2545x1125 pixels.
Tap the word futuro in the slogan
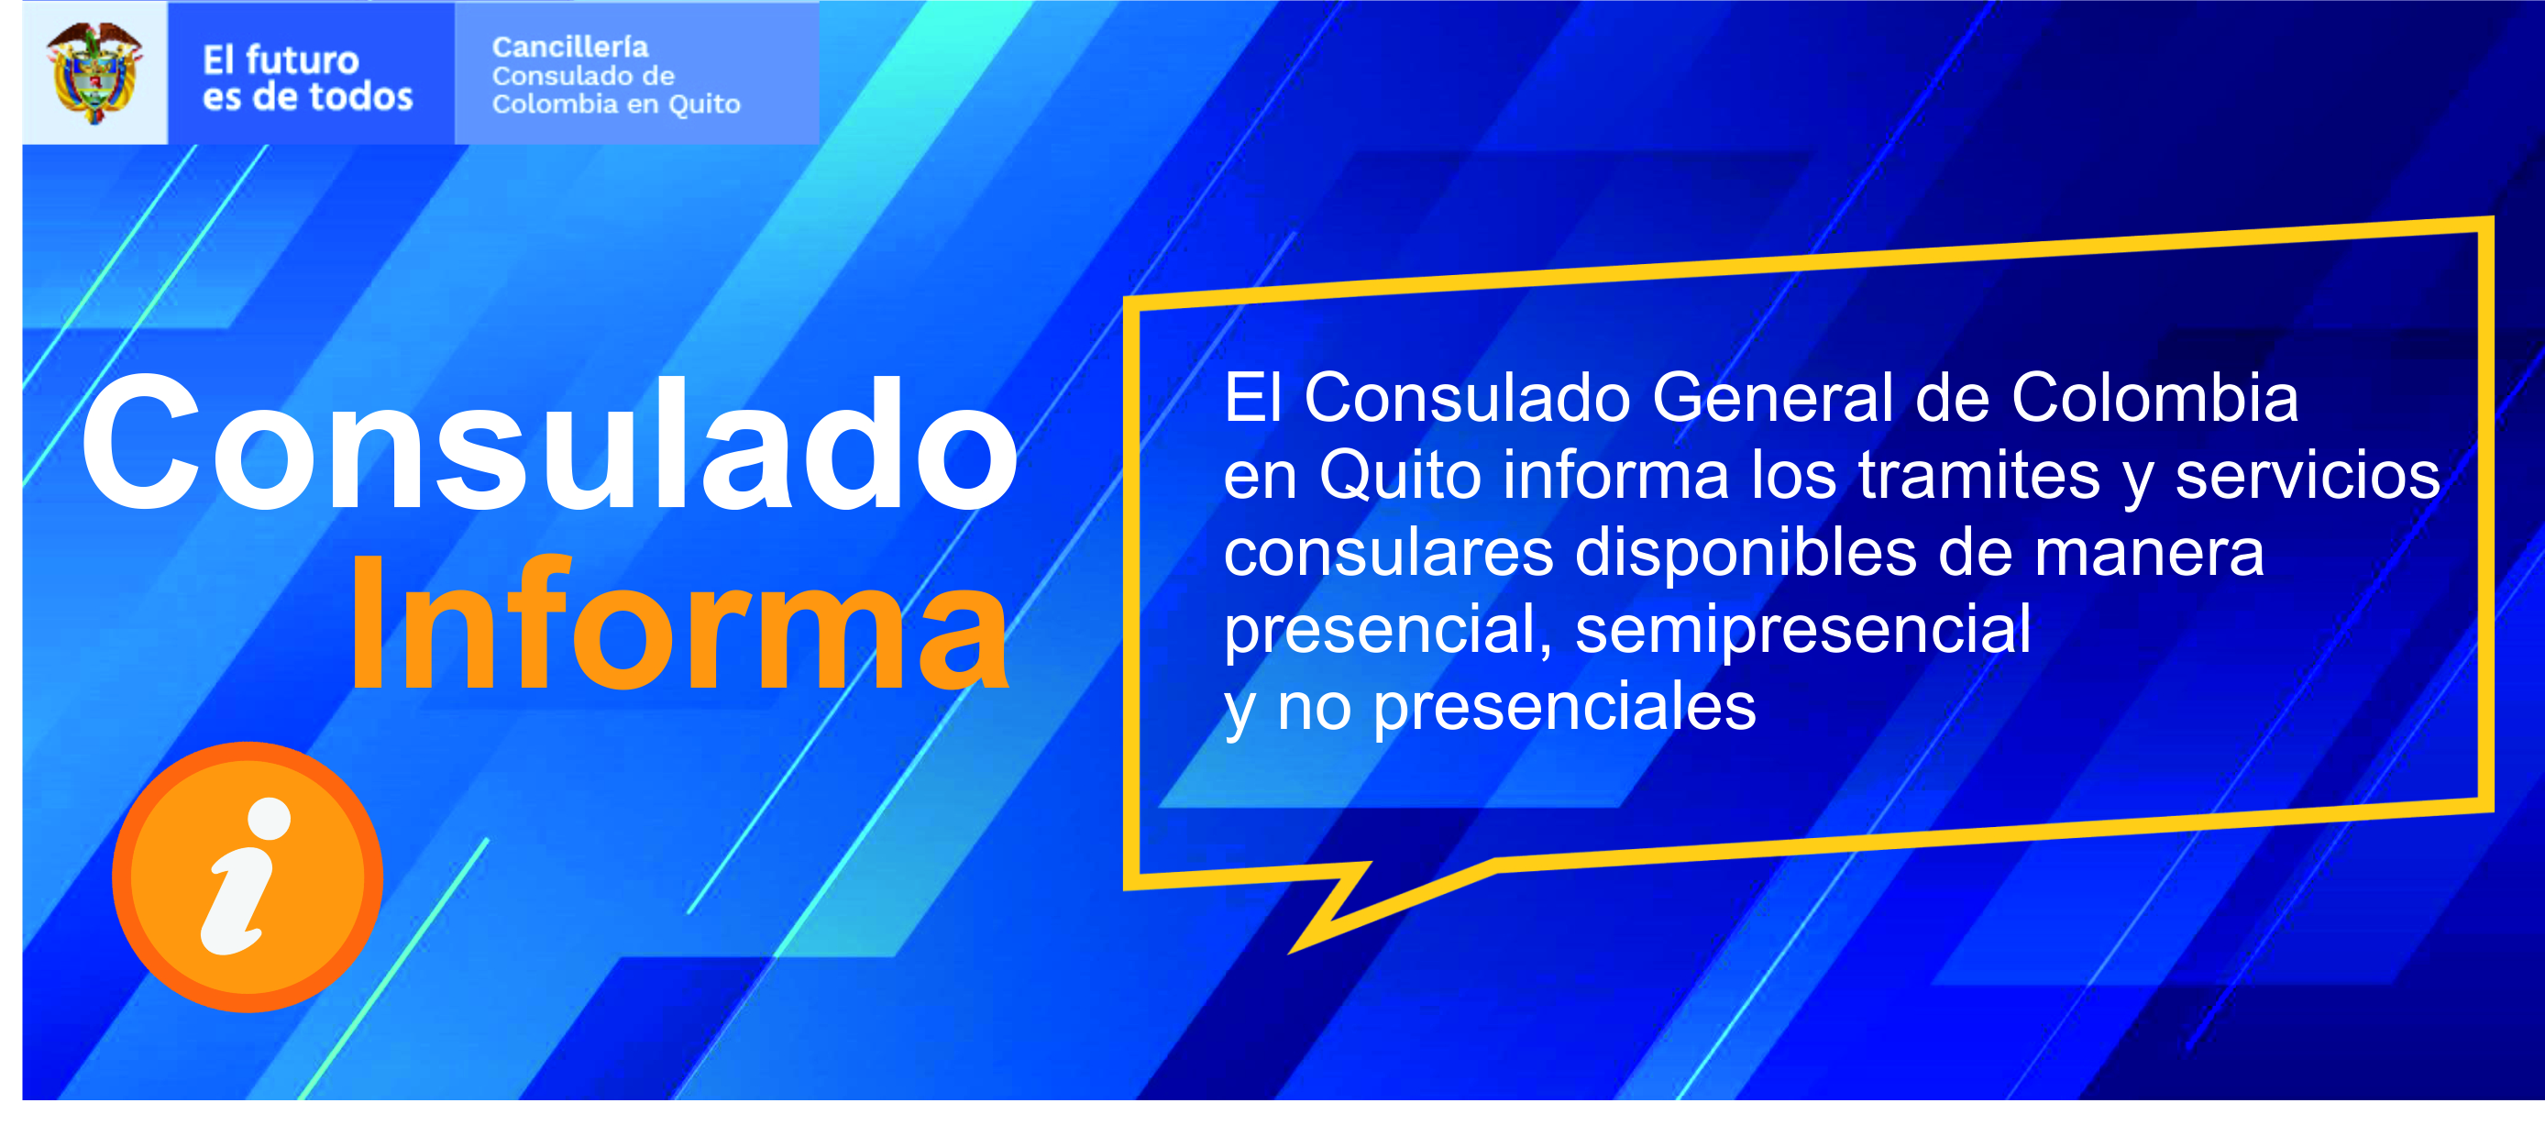click(x=302, y=61)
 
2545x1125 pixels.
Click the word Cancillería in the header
click(x=570, y=47)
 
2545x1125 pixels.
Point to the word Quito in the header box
click(x=703, y=104)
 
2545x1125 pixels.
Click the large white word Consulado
click(x=550, y=444)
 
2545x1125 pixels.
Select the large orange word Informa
click(x=679, y=623)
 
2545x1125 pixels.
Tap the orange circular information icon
click(x=248, y=877)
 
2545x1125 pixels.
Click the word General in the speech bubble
click(x=1772, y=397)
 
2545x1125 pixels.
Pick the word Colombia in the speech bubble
click(x=2154, y=397)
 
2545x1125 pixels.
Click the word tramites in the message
click(x=1979, y=475)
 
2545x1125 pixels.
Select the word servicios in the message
click(x=2308, y=475)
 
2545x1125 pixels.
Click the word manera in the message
click(x=2150, y=553)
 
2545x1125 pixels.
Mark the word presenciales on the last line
click(x=1565, y=707)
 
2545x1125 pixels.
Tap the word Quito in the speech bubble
click(x=1400, y=475)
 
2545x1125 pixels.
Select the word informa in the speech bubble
click(x=1616, y=475)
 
